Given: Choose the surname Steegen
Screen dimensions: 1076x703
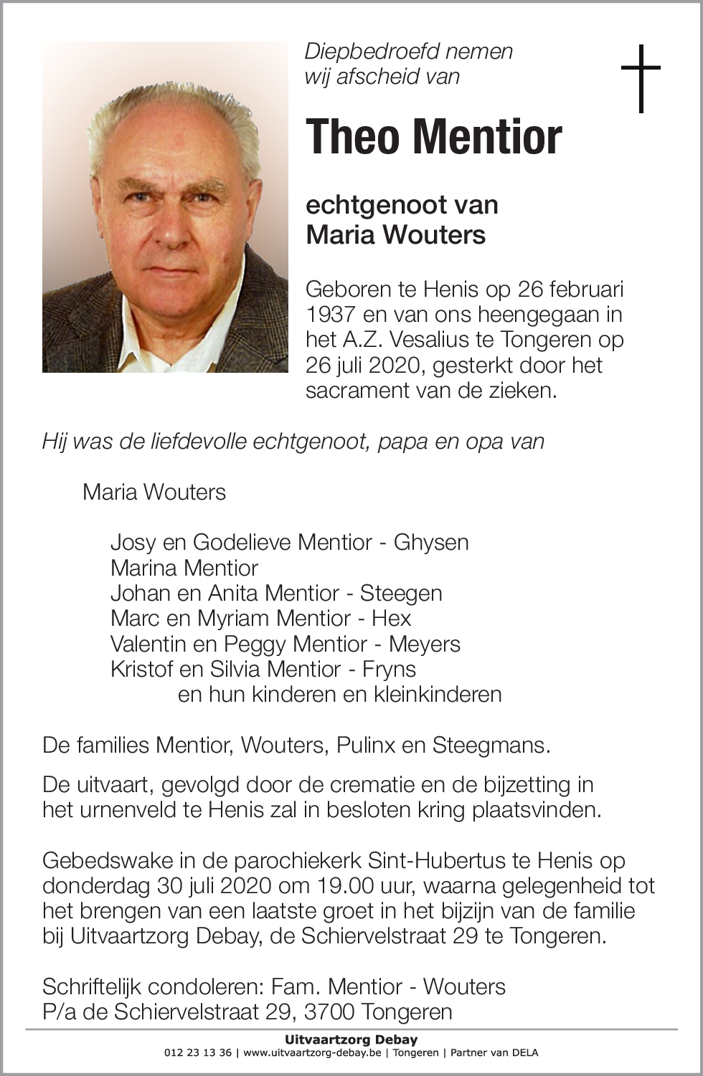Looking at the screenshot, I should (401, 593).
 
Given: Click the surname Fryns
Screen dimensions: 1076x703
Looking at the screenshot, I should (389, 669).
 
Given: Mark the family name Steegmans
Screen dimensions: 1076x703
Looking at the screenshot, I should (490, 746).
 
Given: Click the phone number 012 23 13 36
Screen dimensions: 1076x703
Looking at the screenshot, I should (198, 1053).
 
